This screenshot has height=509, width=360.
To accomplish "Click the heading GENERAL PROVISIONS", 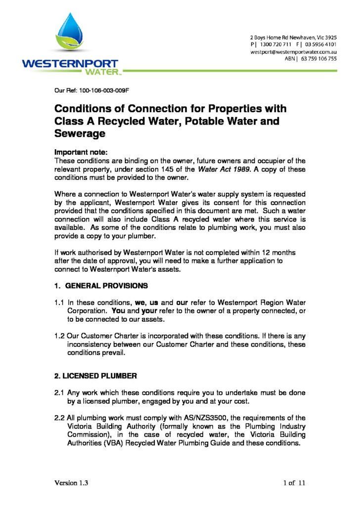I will click(106, 286).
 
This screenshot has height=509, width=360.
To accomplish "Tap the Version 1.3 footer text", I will click(71, 482).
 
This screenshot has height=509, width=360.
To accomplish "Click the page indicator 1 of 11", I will click(294, 482).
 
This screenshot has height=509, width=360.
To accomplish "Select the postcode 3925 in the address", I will click(328, 38).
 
